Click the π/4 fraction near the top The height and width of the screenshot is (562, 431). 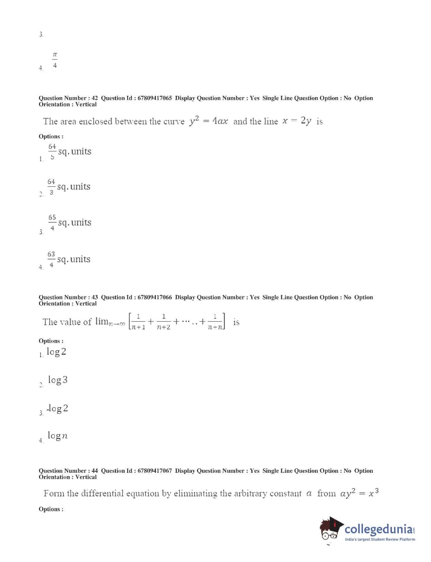coord(55,60)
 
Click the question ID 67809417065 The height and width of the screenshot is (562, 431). coord(155,98)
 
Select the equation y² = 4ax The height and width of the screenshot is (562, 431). coord(208,121)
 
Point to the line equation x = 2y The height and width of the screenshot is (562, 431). coord(297,121)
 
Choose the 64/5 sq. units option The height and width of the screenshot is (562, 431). coord(69,151)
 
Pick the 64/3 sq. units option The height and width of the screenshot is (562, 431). coord(69,186)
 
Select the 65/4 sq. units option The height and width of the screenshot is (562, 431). coord(69,222)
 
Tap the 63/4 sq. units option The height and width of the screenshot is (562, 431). coord(69,259)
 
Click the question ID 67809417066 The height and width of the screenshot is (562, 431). coord(155,297)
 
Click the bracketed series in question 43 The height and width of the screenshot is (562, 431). coord(177,322)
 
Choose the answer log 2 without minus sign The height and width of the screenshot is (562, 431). coord(56,352)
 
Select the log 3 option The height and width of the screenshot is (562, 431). coord(58,380)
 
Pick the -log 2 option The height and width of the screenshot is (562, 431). coord(57,408)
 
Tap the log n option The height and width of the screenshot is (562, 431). coord(57,436)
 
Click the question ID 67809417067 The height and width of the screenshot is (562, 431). coord(155,471)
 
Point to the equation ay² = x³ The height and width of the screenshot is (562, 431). coord(359,493)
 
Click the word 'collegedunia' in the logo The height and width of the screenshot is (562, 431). coord(378,529)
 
